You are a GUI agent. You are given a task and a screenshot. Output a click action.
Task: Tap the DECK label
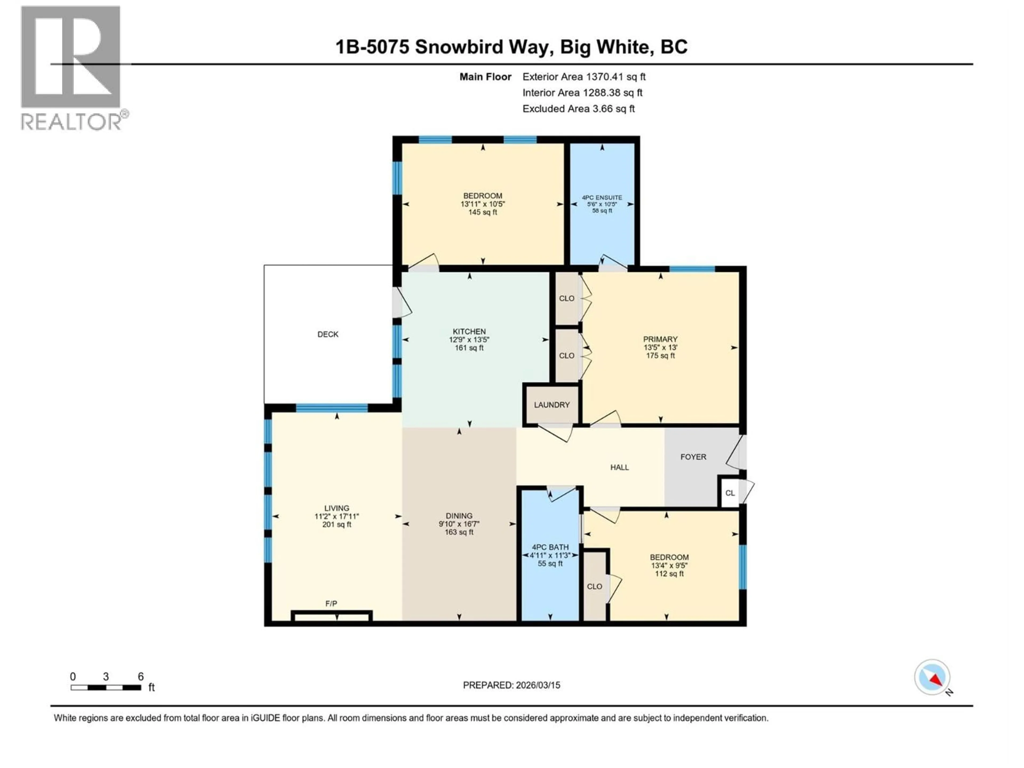pos(328,334)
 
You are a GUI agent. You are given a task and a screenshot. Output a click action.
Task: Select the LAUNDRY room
pos(551,405)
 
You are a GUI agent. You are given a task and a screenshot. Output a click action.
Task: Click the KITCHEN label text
pos(469,331)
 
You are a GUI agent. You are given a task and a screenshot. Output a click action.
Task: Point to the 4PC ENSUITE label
pos(602,198)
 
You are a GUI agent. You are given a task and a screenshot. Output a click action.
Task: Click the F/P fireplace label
pos(331,604)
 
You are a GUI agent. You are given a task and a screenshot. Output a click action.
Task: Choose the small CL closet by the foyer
pos(730,493)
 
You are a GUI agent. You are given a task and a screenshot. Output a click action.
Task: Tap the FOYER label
pos(693,457)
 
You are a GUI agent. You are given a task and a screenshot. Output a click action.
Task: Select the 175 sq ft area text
pos(660,355)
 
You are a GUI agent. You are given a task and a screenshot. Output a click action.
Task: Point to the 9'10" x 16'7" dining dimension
pos(459,524)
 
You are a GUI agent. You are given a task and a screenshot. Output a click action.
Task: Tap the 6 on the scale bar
pos(141,676)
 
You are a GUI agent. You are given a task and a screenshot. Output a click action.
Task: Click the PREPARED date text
pos(511,685)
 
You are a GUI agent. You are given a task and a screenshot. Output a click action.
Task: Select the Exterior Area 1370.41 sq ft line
pos(584,77)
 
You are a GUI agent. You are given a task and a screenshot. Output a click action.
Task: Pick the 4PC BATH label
pos(550,547)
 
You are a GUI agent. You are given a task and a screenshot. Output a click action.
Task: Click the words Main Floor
pos(485,77)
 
